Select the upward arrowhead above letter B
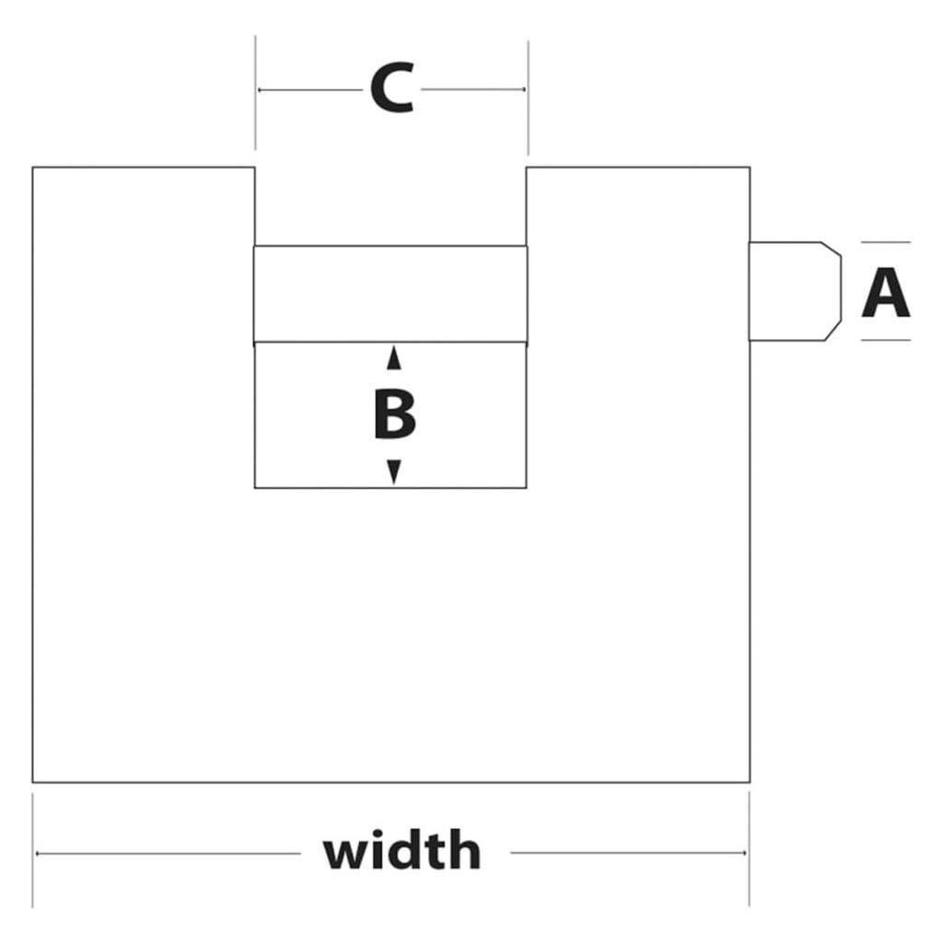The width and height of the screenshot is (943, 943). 394,358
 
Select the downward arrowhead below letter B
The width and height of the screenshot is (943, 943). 394,471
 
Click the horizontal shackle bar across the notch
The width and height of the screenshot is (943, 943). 390,294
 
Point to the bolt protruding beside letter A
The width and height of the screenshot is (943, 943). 795,291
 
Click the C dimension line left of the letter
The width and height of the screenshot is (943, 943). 309,90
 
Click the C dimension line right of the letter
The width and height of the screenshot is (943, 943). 473,89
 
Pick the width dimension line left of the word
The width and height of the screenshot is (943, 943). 168,853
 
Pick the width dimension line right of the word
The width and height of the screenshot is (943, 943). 628,852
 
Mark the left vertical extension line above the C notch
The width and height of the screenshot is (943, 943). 255,93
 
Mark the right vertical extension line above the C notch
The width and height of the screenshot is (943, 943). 528,98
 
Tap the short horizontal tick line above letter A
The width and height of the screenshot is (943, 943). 886,242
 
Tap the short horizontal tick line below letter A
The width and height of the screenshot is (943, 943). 886,340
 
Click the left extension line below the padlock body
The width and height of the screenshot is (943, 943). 32,850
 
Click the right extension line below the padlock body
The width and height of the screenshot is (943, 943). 750,848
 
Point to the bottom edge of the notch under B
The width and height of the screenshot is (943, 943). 390,488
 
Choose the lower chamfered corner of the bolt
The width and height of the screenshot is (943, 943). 832,331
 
